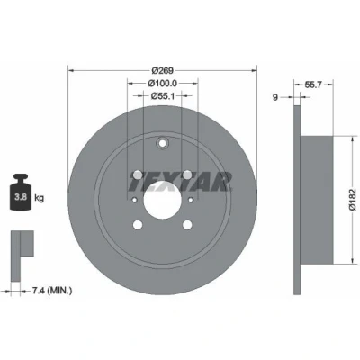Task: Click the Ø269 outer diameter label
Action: coord(162,71)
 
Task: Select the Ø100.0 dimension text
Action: coord(163,83)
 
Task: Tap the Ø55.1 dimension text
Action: coord(162,95)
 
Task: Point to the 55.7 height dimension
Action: coord(313,85)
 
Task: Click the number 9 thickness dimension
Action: coord(275,97)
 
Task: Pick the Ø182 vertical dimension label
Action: coord(353,199)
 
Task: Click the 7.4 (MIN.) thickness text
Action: coord(52,291)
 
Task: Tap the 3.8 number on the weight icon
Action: coord(21,197)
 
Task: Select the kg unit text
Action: coord(40,198)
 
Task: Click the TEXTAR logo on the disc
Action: coord(181,182)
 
